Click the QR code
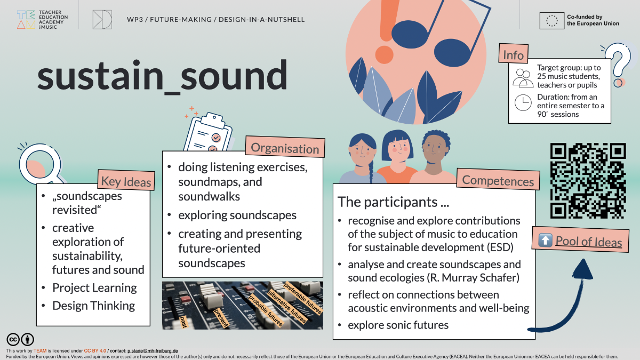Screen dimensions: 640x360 [588, 181]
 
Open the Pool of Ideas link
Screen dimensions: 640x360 [589, 242]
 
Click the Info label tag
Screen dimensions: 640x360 [514, 53]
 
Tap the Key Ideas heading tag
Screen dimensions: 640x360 [126, 181]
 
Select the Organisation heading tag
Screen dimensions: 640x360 [285, 147]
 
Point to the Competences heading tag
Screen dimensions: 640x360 [498, 179]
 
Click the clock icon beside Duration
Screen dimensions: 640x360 [523, 102]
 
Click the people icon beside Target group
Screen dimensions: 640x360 [523, 78]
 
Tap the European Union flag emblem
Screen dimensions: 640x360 [551, 21]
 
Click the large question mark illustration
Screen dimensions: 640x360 [618, 65]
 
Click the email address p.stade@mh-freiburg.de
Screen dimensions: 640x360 [153, 350]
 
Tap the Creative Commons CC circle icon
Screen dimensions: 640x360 [13, 339]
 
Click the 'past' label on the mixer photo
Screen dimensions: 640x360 [183, 322]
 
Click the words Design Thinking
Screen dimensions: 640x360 [94, 306]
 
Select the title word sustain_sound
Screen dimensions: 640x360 [162, 76]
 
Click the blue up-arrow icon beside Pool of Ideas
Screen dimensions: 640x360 [545, 240]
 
